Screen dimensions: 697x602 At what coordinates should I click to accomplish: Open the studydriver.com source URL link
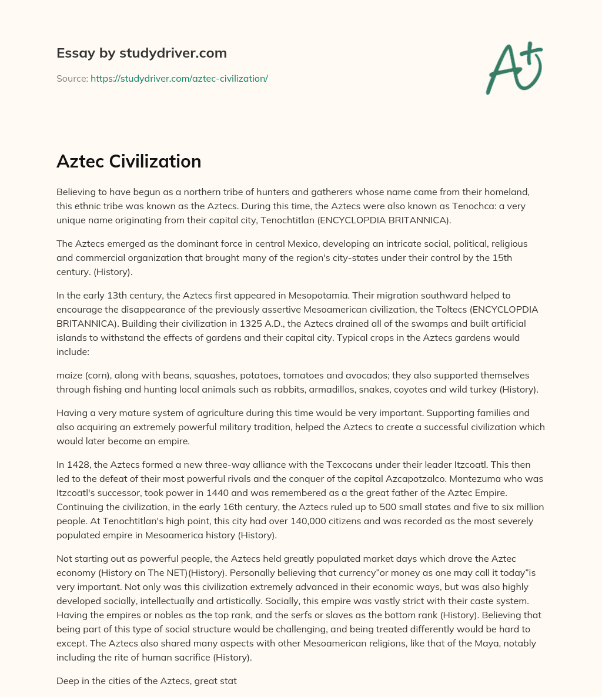click(179, 78)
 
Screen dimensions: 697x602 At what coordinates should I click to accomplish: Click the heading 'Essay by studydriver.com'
click(141, 53)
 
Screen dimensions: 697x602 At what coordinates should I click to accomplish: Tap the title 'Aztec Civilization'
click(129, 161)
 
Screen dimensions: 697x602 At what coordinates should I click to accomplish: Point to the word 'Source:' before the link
click(72, 78)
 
